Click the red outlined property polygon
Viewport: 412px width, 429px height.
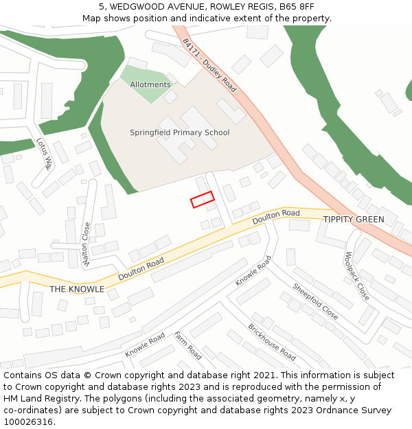point(202,199)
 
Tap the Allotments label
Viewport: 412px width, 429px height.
point(150,85)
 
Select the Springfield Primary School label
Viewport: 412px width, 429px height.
point(180,132)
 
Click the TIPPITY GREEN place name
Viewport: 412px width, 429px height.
point(354,220)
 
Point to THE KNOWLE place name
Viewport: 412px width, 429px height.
point(77,289)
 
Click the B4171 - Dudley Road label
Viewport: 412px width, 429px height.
point(209,65)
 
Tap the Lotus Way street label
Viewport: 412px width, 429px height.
point(45,153)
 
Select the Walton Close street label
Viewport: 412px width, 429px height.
point(87,244)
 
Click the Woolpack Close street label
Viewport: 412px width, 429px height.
point(357,277)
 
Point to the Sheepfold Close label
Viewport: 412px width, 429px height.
point(315,301)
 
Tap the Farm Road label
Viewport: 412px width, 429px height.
point(187,345)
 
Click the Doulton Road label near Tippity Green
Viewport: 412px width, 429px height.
point(276,218)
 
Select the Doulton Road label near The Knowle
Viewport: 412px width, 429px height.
point(141,268)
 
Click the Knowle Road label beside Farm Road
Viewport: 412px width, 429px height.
point(145,345)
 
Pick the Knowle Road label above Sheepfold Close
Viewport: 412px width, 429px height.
point(253,271)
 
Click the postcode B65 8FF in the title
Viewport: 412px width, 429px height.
point(297,6)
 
